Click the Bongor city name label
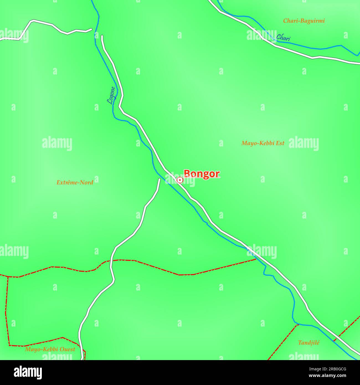coord(202,174)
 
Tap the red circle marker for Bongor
coord(180,180)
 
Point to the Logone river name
coord(111,95)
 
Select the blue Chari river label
coord(283,38)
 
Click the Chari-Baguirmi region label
coord(304,21)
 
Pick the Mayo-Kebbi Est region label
coord(263,143)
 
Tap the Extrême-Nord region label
coord(75,183)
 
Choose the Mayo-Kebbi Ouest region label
coord(50,349)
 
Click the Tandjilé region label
coord(308,343)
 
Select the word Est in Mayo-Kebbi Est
coord(279,143)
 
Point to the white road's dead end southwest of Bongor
coord(159,179)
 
